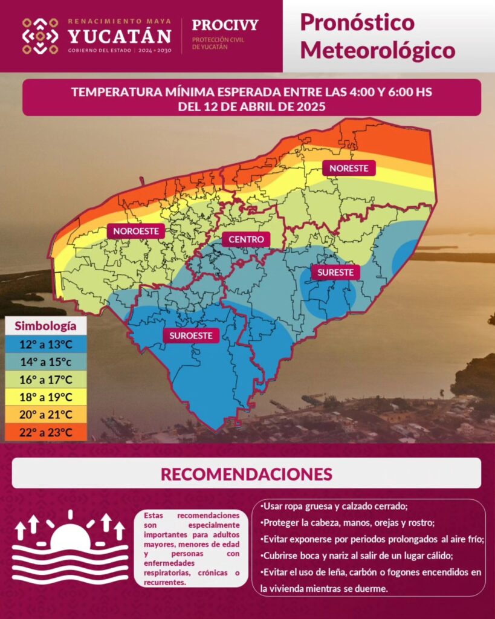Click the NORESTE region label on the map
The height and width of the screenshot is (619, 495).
pyautogui.click(x=349, y=169)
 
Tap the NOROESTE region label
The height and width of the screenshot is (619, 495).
pyautogui.click(x=136, y=230)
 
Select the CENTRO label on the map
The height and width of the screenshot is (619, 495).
pyautogui.click(x=246, y=239)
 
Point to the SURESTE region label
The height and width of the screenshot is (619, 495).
pyautogui.click(x=335, y=272)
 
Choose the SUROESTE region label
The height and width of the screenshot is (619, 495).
pyautogui.click(x=191, y=335)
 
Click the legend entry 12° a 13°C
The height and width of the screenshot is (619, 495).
pyautogui.click(x=46, y=344)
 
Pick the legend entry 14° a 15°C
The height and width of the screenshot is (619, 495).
pyautogui.click(x=46, y=361)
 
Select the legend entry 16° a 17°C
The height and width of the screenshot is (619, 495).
pyautogui.click(x=46, y=379)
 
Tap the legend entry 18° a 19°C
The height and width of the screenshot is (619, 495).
pyautogui.click(x=46, y=397)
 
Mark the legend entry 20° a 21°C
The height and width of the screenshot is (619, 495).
pyautogui.click(x=46, y=414)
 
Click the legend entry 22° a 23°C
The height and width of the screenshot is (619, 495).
pyautogui.click(x=46, y=432)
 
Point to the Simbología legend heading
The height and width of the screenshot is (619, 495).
pyautogui.click(x=46, y=326)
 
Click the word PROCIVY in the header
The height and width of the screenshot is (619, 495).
pyautogui.click(x=225, y=25)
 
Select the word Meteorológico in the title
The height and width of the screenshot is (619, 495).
pyautogui.click(x=377, y=50)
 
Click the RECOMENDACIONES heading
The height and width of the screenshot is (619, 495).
pyautogui.click(x=246, y=473)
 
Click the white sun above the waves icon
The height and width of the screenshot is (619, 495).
pyautogui.click(x=70, y=538)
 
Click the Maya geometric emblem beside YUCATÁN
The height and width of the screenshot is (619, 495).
pyautogui.click(x=40, y=36)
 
